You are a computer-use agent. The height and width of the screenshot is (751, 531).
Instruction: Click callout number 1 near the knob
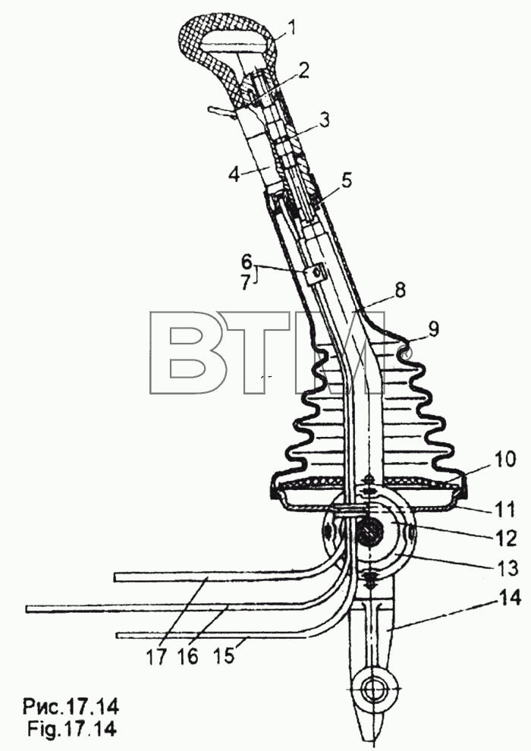pos(292,28)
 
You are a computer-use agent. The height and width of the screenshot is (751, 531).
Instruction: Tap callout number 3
pos(325,120)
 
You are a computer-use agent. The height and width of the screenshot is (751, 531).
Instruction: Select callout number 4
pos(234,174)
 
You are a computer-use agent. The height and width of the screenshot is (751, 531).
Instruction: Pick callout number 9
pos(432,328)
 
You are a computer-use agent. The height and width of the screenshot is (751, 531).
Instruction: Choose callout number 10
pos(503,459)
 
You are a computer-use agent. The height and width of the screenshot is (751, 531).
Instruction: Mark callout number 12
pos(506,539)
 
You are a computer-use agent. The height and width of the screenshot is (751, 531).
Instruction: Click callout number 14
pos(508,599)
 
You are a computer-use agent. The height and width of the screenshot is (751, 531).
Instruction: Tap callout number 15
pos(224,655)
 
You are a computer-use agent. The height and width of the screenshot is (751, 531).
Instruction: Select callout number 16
pos(189,655)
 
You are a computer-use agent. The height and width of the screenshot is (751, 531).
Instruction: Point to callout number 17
pos(156,655)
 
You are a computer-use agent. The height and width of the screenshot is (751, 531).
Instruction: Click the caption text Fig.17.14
pos(71,728)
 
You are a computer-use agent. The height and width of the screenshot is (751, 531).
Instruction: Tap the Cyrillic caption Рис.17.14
pos(71,707)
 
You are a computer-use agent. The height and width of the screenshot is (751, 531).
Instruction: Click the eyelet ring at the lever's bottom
pos(371,691)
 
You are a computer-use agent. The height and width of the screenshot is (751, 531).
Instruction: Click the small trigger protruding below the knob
pos(218,111)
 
